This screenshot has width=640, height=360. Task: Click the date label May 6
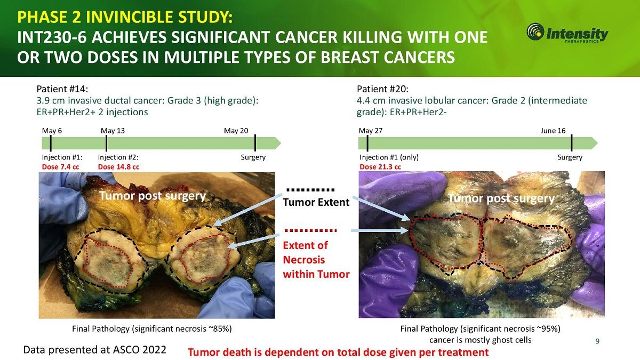[52, 131]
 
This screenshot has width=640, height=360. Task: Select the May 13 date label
[113, 131]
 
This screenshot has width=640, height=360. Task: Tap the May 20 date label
[236, 131]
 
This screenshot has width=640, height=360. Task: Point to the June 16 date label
[553, 131]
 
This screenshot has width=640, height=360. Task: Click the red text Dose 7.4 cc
[61, 167]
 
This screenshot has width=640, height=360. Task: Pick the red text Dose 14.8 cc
[118, 167]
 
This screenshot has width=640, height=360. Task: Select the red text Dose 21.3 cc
[380, 167]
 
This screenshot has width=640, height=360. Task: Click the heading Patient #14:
[62, 89]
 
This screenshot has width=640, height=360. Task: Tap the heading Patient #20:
[382, 89]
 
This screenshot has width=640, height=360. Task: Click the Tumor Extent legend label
[316, 202]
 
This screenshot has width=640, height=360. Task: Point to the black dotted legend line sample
[310, 190]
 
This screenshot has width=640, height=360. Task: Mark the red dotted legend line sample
[310, 230]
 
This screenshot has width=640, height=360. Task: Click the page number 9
[597, 341]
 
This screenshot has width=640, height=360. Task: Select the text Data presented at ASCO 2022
[94, 350]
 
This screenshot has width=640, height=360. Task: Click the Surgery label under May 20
[253, 157]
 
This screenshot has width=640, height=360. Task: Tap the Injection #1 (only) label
[389, 157]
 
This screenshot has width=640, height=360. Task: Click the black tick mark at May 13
[106, 143]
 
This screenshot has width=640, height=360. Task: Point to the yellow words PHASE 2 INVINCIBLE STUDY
[125, 17]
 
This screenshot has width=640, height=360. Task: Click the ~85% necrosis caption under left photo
[151, 329]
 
